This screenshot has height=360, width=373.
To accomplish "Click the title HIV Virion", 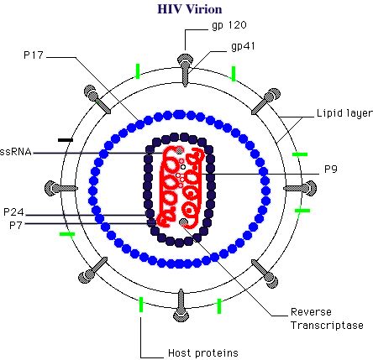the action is point(190,9).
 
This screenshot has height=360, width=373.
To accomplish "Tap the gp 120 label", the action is point(229,25).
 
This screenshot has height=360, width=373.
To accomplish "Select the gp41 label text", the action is point(243,46).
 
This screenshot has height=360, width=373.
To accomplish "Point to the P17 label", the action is point(34,55).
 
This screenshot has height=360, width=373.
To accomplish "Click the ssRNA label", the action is point(15,152).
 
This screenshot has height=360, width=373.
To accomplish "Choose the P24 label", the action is point(13,212).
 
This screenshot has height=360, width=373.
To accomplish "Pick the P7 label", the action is point(16,225).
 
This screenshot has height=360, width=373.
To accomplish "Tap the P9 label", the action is point(331,170).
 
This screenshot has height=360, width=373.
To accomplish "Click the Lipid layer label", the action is point(344,113).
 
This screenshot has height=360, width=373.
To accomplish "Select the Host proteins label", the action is point(203,353).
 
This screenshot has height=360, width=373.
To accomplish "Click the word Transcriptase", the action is point(327,326).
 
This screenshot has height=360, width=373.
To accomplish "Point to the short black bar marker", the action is point(66,140).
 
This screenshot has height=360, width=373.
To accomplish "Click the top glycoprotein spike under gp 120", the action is point(185,70).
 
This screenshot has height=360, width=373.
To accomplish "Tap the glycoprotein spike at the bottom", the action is point(181,305).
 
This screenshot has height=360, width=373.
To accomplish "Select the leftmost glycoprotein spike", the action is point(61,188).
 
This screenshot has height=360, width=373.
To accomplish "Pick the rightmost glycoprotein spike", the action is point(300,188).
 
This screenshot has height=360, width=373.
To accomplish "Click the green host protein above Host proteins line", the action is point(141,305).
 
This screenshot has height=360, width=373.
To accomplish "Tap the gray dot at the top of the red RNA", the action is point(180,150).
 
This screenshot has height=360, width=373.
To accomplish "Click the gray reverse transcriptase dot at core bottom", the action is point(183,222).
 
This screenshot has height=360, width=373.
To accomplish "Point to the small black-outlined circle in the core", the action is point(183,167).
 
